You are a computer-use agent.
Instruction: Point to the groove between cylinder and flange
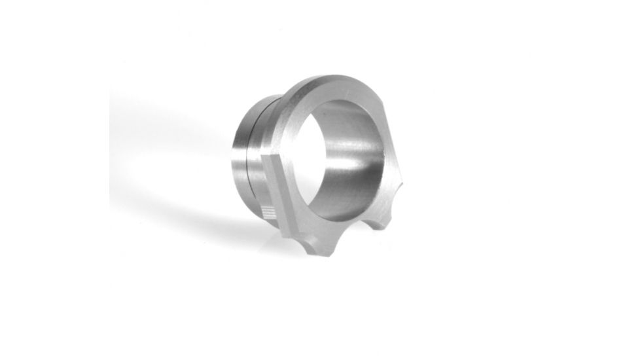(275, 164)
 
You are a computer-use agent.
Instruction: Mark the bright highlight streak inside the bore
(353, 154)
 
